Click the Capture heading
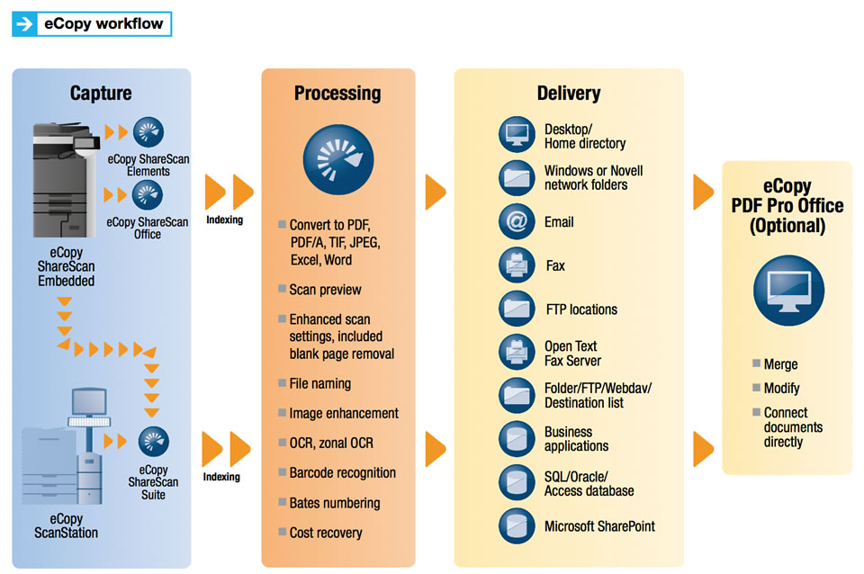pyautogui.click(x=101, y=93)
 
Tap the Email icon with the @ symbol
pyautogui.click(x=517, y=222)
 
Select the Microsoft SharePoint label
pyautogui.click(x=599, y=526)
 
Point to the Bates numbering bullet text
pyautogui.click(x=334, y=503)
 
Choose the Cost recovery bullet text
pyautogui.click(x=325, y=533)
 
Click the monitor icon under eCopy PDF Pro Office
pyautogui.click(x=787, y=291)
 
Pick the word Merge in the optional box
pyautogui.click(x=780, y=364)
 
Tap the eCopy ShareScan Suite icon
pyautogui.click(x=153, y=442)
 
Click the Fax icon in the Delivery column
pyautogui.click(x=517, y=266)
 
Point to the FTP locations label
pyautogui.click(x=581, y=309)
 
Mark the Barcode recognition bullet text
pyautogui.click(x=342, y=473)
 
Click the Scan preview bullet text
pyautogui.click(x=325, y=290)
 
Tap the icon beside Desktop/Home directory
pyautogui.click(x=517, y=136)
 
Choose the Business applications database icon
pyautogui.click(x=517, y=439)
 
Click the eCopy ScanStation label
pyautogui.click(x=67, y=525)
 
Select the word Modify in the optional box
pyautogui.click(x=781, y=389)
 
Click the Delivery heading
pyautogui.click(x=569, y=93)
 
